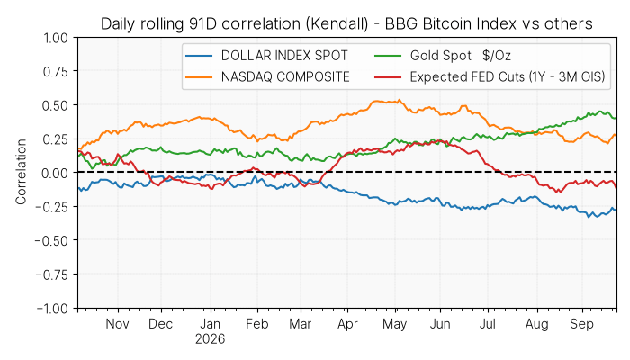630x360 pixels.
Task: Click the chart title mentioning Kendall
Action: (346, 23)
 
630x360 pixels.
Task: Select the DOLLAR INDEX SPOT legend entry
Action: (266, 56)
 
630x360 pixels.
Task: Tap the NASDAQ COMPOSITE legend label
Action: (285, 76)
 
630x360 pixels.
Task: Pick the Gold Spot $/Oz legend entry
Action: (443, 56)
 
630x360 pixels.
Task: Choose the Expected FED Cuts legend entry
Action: (490, 76)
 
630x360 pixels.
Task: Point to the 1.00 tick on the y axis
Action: (56, 38)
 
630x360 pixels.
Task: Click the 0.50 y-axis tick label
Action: (56, 105)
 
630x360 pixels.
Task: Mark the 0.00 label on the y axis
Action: (56, 173)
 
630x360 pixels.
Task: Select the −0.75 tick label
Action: (52, 274)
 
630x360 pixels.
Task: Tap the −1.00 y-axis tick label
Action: (52, 309)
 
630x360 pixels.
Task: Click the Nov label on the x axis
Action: (117, 324)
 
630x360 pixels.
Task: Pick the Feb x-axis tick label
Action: (256, 324)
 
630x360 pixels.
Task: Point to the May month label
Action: (394, 324)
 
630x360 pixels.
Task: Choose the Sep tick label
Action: (581, 324)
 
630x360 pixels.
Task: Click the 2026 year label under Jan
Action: (210, 339)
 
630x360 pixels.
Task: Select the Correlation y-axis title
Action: (21, 172)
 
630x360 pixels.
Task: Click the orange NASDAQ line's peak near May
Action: (399, 100)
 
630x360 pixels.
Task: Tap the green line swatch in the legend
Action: (388, 56)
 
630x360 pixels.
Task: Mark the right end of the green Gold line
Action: (616, 118)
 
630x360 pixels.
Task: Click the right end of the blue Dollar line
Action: (616, 210)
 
